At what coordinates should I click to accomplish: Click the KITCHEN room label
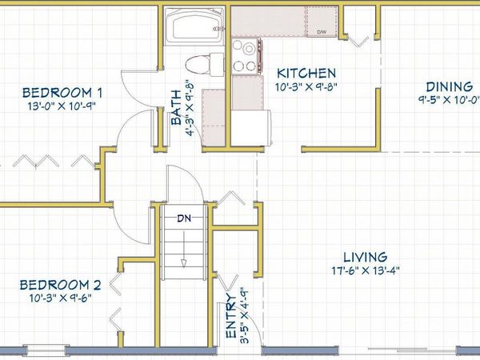[306, 74]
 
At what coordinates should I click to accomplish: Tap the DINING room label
[449, 87]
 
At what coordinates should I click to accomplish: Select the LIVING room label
[366, 258]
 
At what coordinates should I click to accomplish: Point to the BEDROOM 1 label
[62, 93]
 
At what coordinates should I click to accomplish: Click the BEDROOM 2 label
[60, 285]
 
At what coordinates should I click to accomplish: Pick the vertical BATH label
[176, 107]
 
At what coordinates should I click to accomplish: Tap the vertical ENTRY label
[231, 316]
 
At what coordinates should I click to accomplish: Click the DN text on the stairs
[184, 218]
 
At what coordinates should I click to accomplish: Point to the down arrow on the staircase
[184, 250]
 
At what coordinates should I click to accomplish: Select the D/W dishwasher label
[321, 32]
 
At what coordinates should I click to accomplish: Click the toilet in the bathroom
[205, 64]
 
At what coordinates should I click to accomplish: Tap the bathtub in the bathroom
[194, 26]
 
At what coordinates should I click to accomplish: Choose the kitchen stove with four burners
[246, 57]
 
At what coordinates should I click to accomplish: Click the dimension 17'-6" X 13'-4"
[366, 271]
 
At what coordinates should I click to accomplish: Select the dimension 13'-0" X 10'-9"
[62, 106]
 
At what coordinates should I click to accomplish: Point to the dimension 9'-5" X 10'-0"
[449, 100]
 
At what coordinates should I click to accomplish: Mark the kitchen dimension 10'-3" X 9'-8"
[306, 87]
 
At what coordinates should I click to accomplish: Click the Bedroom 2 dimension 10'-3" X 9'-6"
[61, 298]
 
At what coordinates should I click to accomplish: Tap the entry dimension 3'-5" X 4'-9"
[243, 315]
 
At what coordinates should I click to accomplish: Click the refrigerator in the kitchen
[250, 127]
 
